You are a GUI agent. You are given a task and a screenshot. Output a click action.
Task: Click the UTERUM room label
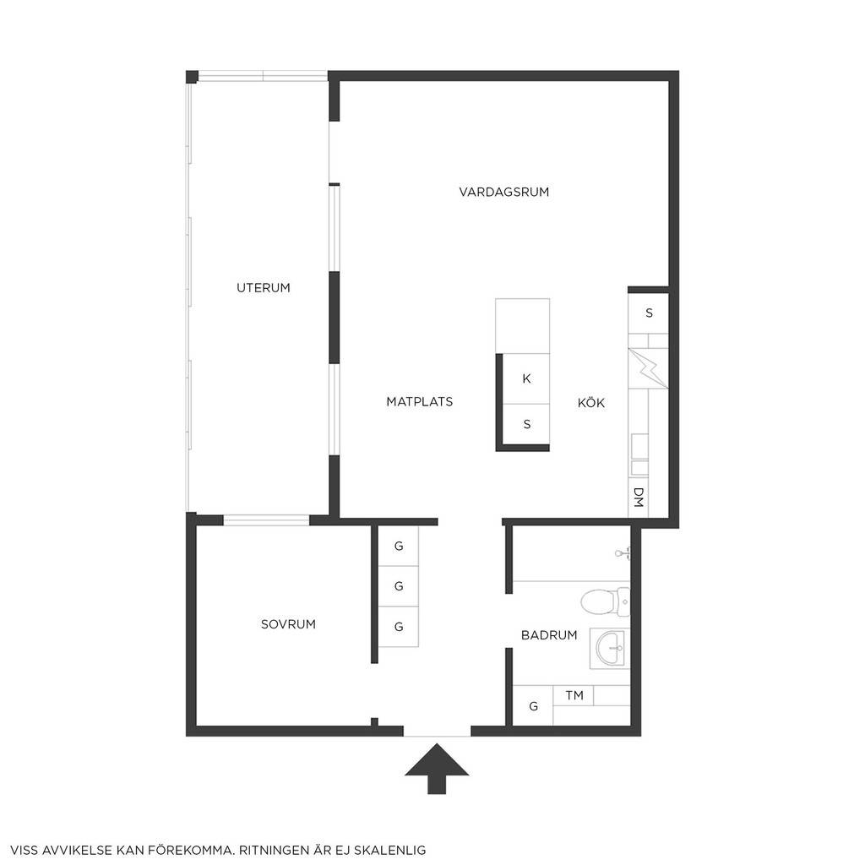click(264, 287)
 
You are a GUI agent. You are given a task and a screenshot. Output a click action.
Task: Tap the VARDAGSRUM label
click(503, 192)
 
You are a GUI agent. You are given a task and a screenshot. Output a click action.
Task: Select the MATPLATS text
click(419, 401)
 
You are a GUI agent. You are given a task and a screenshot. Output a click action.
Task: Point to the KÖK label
click(590, 402)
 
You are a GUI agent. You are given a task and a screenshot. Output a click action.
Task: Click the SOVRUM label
click(288, 624)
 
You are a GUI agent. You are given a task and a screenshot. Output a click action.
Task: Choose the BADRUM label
click(549, 635)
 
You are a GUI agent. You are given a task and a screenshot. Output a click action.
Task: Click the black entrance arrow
click(437, 769)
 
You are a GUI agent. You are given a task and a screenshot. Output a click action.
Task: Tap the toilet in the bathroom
click(605, 601)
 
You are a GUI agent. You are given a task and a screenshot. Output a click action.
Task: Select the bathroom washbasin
click(610, 648)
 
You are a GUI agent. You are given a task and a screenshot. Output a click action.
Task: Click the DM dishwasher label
click(639, 497)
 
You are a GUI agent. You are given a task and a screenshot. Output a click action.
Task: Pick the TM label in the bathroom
click(574, 695)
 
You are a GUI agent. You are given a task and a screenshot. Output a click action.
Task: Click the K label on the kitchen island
click(526, 378)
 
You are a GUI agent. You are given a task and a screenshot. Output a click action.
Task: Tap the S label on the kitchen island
click(527, 424)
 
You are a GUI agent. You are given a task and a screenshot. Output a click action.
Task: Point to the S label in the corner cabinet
click(649, 313)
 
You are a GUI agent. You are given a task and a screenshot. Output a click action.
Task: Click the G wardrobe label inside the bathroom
click(533, 706)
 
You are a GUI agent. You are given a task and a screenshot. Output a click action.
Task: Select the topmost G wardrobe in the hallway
click(399, 546)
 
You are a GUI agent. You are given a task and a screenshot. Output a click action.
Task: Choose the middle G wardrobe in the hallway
click(399, 586)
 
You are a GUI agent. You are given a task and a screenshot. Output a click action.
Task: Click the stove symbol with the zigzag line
click(648, 368)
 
